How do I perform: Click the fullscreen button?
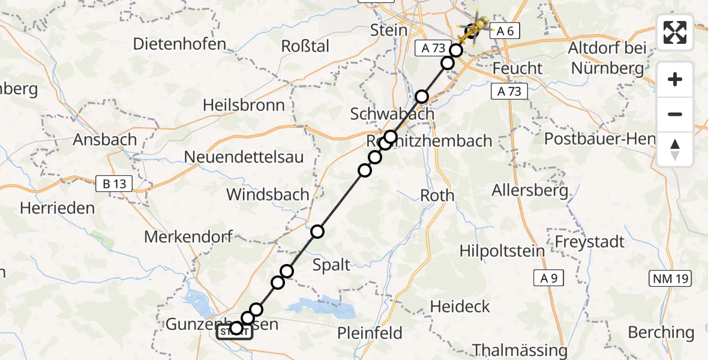tap(675, 32)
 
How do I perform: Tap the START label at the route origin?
tap(234, 332)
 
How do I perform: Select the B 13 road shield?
tap(114, 184)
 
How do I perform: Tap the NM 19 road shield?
tap(670, 278)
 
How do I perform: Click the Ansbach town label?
tap(104, 140)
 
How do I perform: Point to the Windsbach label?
tap(268, 194)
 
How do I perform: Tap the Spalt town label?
tap(332, 264)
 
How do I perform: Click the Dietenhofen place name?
tap(179, 43)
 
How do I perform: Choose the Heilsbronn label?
tap(244, 106)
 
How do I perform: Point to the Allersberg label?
tap(530, 191)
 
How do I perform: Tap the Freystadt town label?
tap(590, 242)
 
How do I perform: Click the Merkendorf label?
tap(188, 236)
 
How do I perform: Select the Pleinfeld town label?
tap(373, 332)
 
